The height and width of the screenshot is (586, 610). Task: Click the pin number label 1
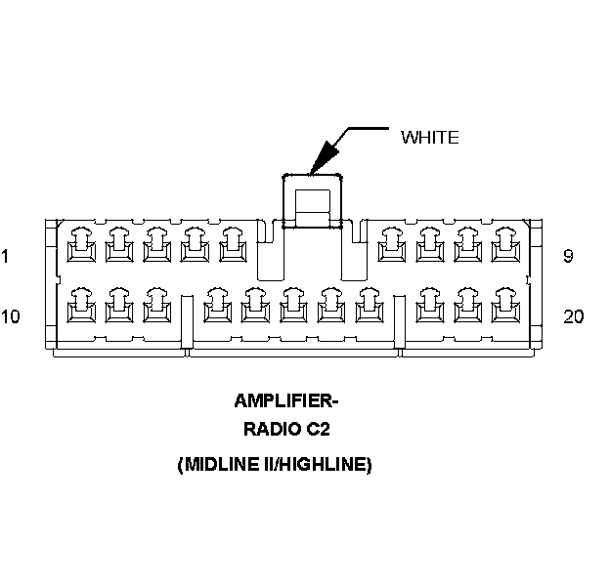6,258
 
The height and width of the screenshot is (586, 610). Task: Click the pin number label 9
569,258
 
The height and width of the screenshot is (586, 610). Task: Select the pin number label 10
11,316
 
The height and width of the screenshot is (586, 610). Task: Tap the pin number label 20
574,316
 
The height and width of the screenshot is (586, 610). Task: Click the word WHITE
429,138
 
